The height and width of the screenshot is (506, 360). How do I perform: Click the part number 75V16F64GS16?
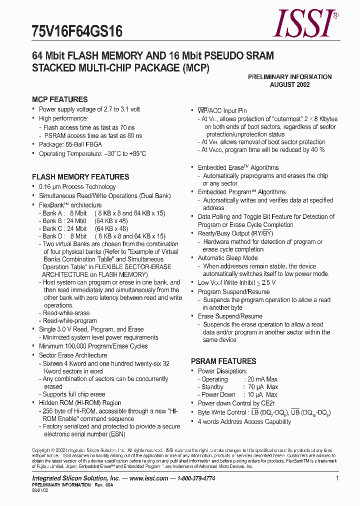(x=77, y=32)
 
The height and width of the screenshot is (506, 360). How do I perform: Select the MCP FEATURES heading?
(x=59, y=99)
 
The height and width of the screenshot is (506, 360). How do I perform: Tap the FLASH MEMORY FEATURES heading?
(x=80, y=177)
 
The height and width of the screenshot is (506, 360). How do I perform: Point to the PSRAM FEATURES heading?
(x=223, y=361)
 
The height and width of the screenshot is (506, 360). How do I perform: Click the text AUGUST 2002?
(x=289, y=84)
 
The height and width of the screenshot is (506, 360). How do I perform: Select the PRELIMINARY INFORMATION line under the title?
(x=289, y=77)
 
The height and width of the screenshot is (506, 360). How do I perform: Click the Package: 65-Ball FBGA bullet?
(x=70, y=144)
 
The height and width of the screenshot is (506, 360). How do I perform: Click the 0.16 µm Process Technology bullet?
(x=77, y=187)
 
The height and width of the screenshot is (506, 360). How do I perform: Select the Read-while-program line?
(x=69, y=321)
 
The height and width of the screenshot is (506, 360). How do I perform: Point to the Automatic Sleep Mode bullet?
(x=227, y=258)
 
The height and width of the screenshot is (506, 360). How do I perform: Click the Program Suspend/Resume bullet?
(x=233, y=291)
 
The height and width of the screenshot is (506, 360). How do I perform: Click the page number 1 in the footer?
(x=337, y=478)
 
